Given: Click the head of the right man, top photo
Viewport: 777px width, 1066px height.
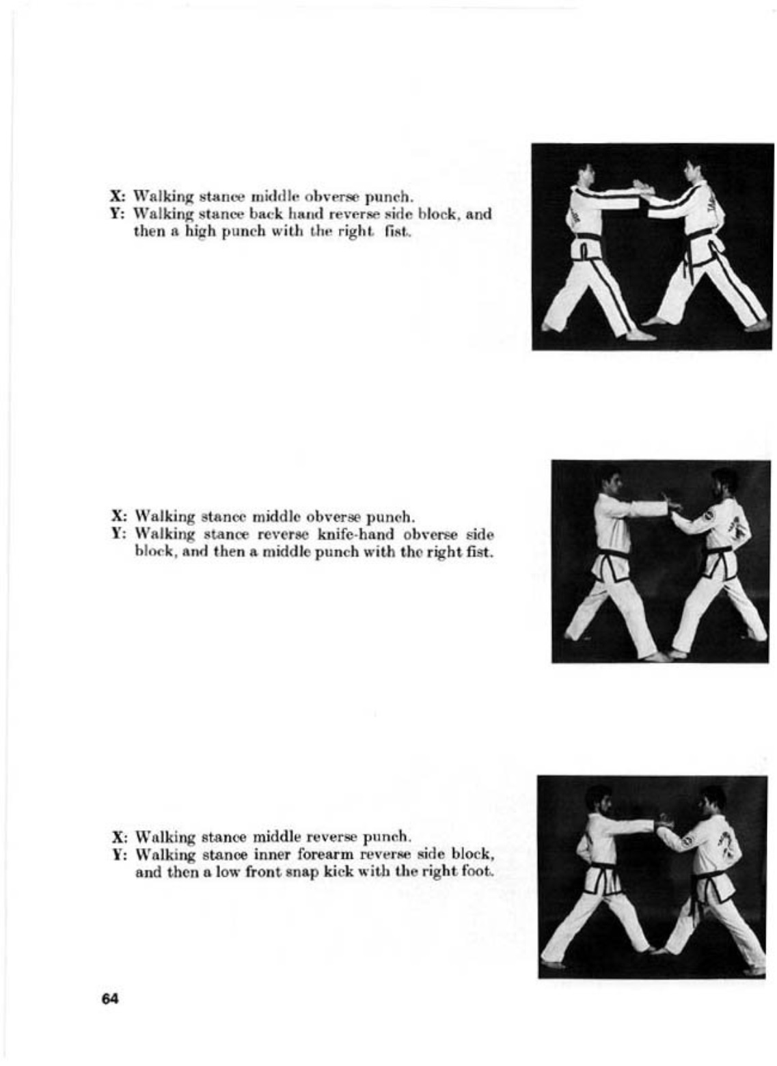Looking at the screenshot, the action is tap(692, 170).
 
